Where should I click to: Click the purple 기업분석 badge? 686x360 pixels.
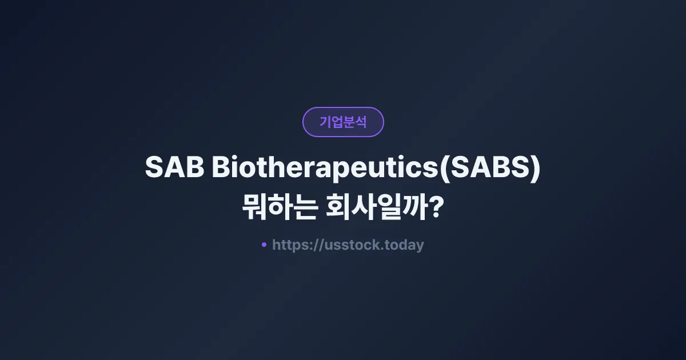click(343, 122)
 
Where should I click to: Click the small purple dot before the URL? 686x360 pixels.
click(264, 245)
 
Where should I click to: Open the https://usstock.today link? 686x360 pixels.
click(348, 245)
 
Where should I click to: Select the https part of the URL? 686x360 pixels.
click(290, 245)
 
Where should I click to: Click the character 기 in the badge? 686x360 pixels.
click(325, 122)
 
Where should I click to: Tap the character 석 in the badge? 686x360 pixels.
click(361, 122)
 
